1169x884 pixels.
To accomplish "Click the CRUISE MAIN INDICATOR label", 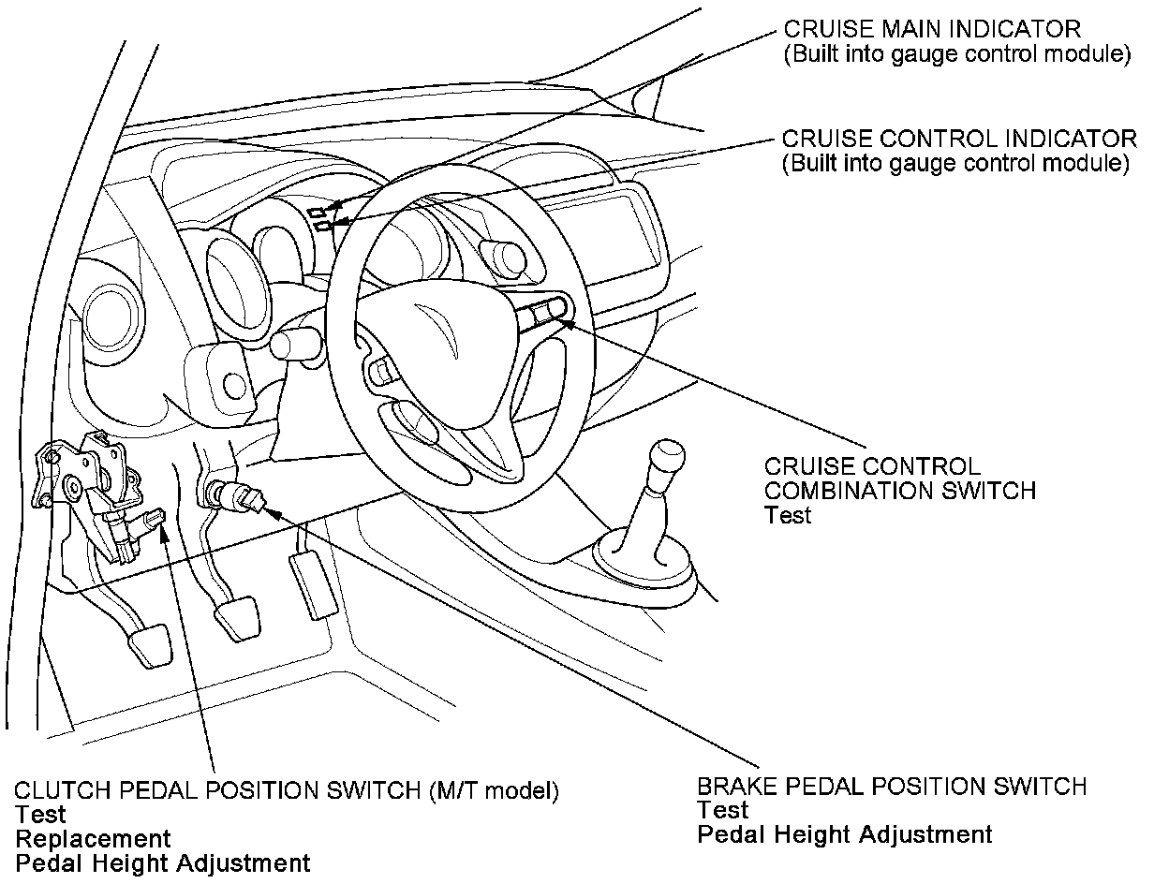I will [932, 29].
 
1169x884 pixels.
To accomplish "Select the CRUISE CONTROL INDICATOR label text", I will [959, 140].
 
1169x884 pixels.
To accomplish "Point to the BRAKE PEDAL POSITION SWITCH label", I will [892, 786].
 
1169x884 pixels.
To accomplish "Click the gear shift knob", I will [668, 458].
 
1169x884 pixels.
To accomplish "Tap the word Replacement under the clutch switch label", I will [93, 839].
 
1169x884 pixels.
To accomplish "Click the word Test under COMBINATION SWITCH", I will [787, 515].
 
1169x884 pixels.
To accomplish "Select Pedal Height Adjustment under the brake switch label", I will [844, 834].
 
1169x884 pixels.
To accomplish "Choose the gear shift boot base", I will [646, 562].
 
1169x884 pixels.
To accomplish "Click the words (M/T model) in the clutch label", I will [494, 790].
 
